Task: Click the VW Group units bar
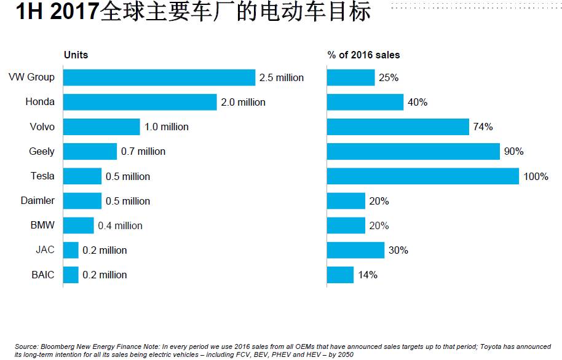159,77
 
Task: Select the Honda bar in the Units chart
140,102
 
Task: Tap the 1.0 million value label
167,127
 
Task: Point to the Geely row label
42,151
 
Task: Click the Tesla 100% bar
423,176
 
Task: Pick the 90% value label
514,152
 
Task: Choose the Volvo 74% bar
398,127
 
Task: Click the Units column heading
76,55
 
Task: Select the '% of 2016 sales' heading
363,55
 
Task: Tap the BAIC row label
43,275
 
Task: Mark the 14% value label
368,275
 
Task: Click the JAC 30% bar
355,250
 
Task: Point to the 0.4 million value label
121,225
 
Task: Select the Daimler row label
38,201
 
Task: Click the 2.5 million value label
282,78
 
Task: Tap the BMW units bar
79,225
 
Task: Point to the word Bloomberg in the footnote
58,347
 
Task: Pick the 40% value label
418,103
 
